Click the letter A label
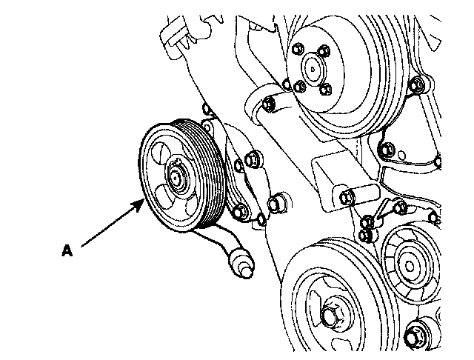(67, 251)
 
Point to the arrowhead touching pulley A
(141, 201)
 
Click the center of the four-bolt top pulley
(313, 72)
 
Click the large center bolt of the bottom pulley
(330, 316)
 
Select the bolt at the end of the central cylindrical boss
(349, 196)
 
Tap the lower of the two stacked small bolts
(364, 236)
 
